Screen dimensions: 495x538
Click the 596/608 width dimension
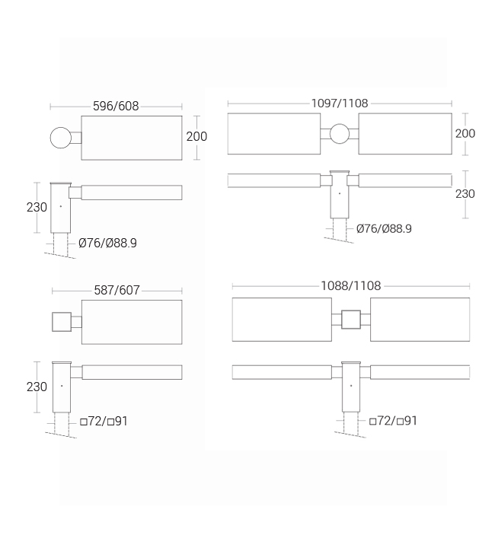pos(116,107)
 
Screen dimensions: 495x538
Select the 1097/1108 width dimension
pos(340,103)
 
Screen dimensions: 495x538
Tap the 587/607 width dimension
pos(117,290)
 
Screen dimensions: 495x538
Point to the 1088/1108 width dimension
pos(351,286)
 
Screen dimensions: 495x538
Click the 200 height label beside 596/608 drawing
pos(196,136)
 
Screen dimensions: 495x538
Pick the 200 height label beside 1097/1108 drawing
pos(465,133)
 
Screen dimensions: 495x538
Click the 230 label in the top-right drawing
pos(465,194)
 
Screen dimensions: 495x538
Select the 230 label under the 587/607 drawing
pos(37,387)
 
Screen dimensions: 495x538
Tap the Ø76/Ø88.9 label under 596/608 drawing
pos(107,243)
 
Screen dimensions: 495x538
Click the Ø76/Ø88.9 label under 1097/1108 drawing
pos(384,228)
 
